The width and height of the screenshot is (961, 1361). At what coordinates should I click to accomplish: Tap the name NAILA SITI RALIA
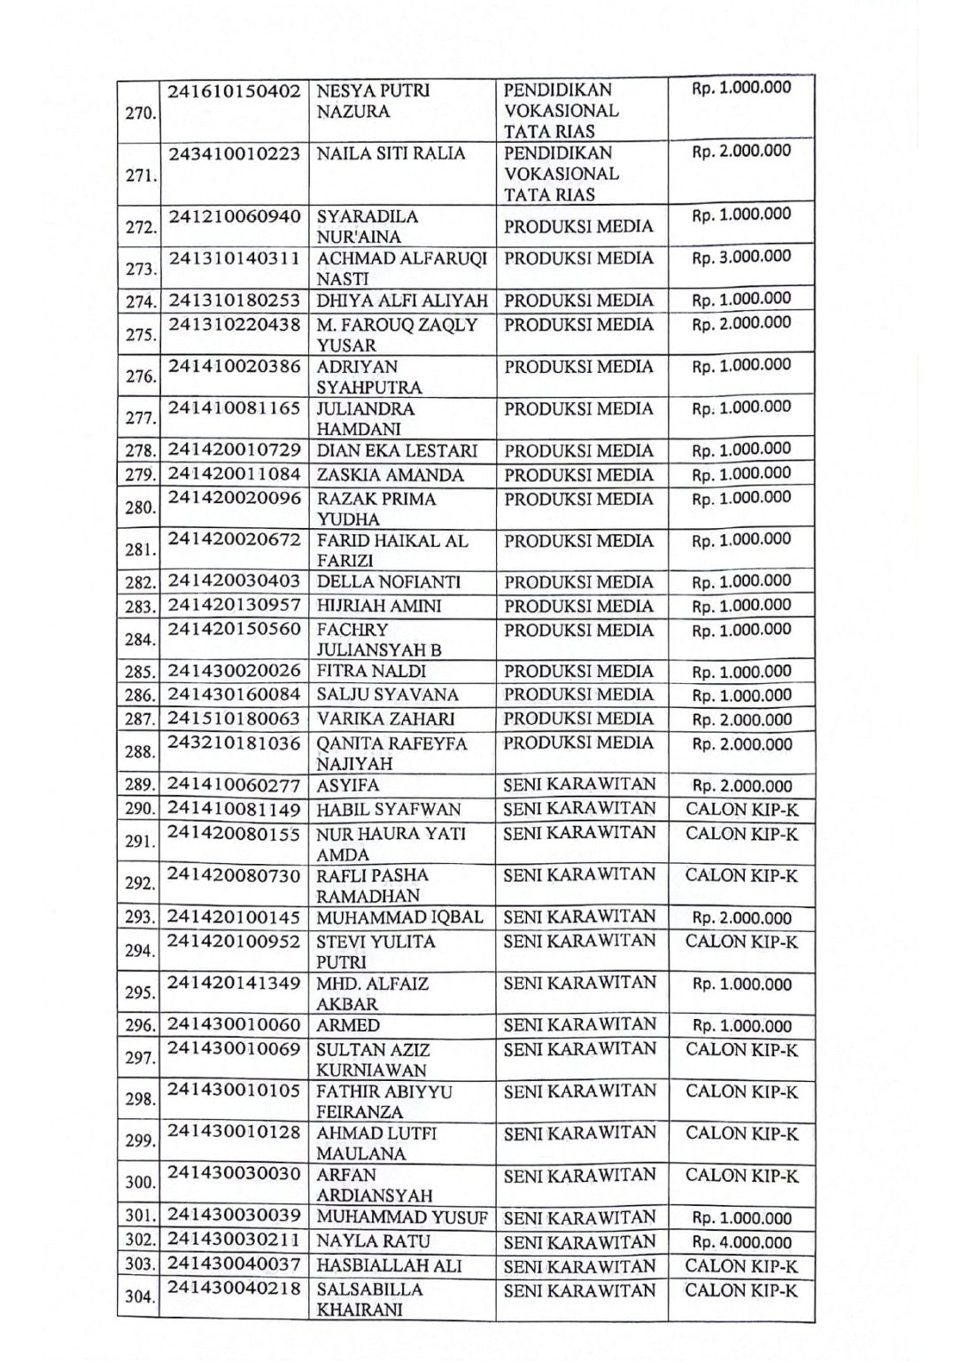click(x=391, y=154)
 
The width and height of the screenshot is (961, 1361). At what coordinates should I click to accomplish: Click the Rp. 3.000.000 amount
click(x=741, y=257)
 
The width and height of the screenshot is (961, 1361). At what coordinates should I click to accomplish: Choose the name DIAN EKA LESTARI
click(x=397, y=451)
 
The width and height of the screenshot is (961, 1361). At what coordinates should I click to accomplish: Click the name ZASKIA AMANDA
click(x=390, y=475)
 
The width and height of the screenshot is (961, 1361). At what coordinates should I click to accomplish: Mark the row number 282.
click(x=140, y=583)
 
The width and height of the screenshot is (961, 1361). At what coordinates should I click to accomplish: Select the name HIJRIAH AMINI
click(x=379, y=606)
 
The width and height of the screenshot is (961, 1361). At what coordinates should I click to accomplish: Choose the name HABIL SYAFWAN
click(x=389, y=810)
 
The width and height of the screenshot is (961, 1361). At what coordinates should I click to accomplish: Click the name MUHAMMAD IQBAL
click(x=400, y=917)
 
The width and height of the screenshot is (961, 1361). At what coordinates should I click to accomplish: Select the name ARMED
click(x=348, y=1026)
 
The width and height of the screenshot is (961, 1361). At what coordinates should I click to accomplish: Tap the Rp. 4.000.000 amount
click(x=741, y=1243)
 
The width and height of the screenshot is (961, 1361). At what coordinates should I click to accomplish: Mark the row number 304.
click(x=140, y=1298)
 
